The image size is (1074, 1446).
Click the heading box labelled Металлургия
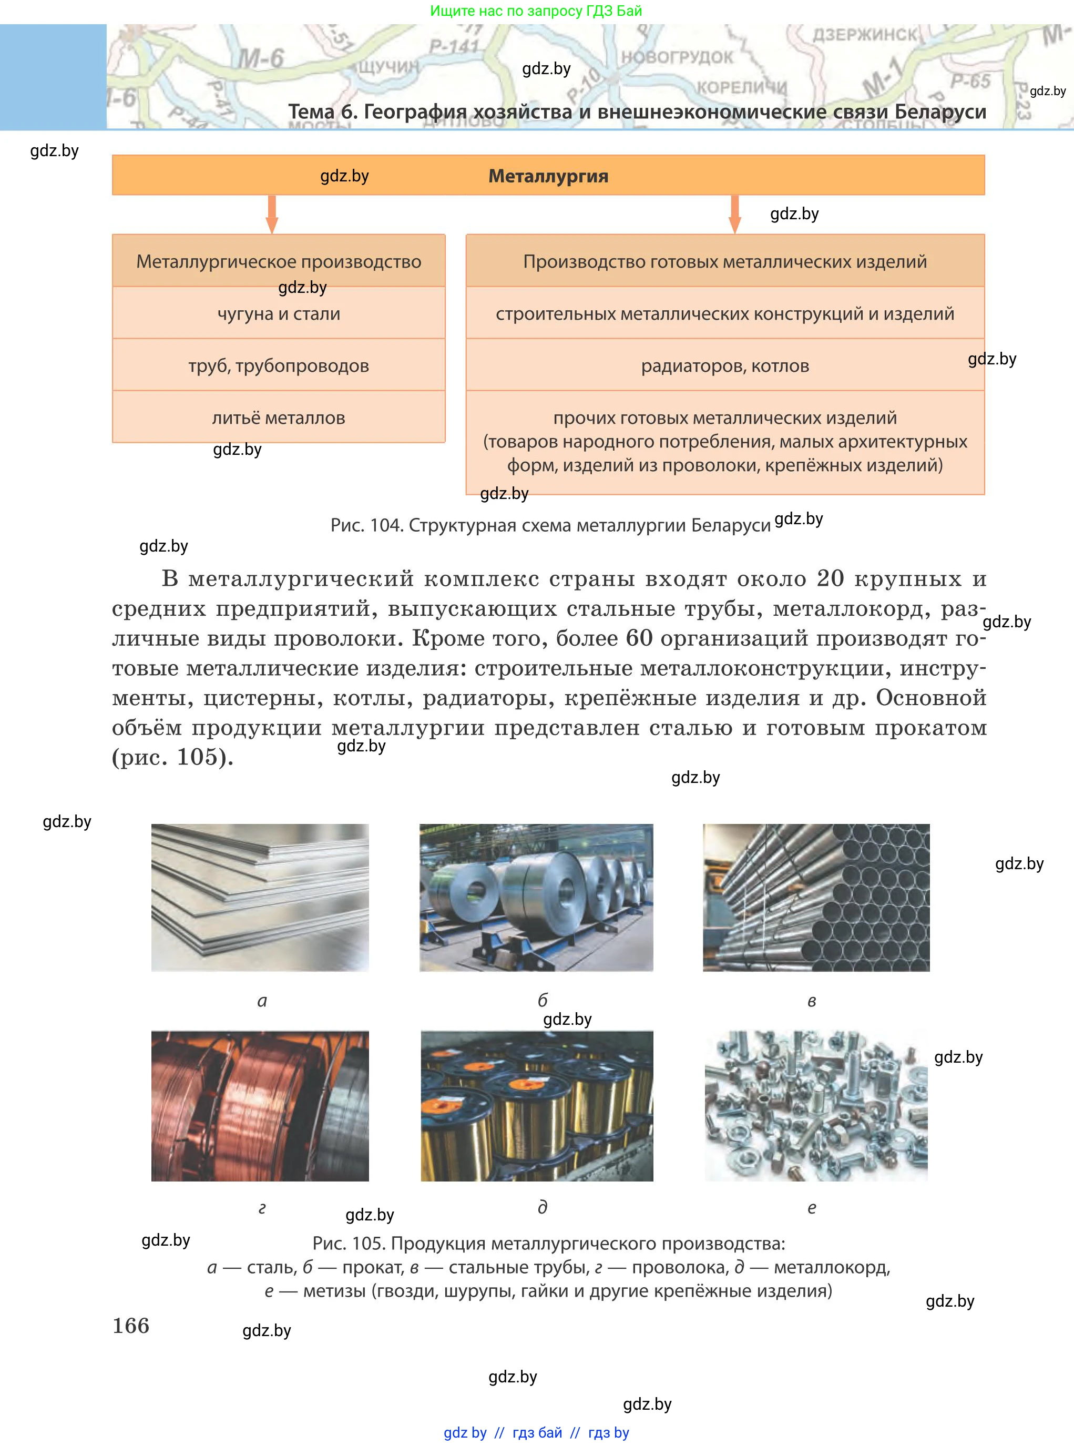[548, 176]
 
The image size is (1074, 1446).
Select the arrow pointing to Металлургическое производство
[272, 214]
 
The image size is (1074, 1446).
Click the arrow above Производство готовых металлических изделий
[734, 214]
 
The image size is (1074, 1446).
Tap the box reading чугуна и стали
[278, 313]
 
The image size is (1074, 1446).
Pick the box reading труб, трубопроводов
[278, 365]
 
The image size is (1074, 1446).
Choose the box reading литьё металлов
[278, 417]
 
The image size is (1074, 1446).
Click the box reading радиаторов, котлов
[725, 365]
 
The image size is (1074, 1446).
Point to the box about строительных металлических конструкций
[725, 313]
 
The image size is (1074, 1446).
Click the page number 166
[131, 1325]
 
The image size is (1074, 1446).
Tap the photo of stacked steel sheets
[260, 897]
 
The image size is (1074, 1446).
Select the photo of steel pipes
[816, 897]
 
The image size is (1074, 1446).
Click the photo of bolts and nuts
[816, 1105]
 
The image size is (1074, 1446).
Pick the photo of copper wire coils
[260, 1105]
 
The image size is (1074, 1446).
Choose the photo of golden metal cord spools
[536, 1105]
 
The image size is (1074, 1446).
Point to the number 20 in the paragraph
[830, 578]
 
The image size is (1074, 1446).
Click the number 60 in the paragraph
[639, 638]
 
